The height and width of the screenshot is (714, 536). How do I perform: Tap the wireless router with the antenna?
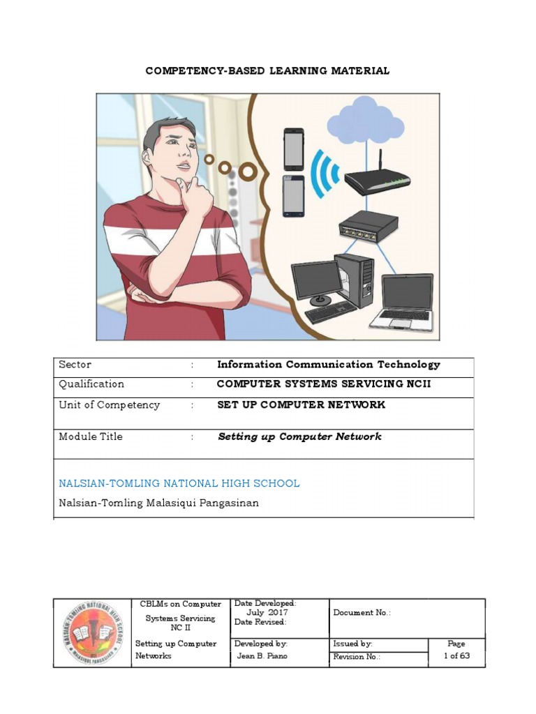tap(377, 181)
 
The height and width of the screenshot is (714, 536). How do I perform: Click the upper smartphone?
tap(294, 149)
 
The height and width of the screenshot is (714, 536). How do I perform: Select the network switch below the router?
tap(368, 227)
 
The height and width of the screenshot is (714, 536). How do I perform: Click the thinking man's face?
tap(175, 154)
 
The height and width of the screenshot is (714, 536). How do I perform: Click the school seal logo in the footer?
tap(92, 633)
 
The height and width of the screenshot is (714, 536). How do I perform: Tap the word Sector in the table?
tap(75, 365)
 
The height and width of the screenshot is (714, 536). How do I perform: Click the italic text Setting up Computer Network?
tap(299, 437)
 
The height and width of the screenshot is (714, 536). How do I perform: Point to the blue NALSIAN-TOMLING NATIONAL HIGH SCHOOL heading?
tap(179, 483)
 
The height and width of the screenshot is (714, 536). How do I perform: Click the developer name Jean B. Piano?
tap(262, 656)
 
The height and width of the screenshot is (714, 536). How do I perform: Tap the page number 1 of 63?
tap(456, 656)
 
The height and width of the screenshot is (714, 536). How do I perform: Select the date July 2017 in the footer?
tap(262, 612)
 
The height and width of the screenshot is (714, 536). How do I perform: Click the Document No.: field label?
tap(362, 612)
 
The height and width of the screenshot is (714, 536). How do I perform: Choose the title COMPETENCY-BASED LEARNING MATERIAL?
tap(267, 71)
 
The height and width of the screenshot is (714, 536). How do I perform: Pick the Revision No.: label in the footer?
tap(357, 657)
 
